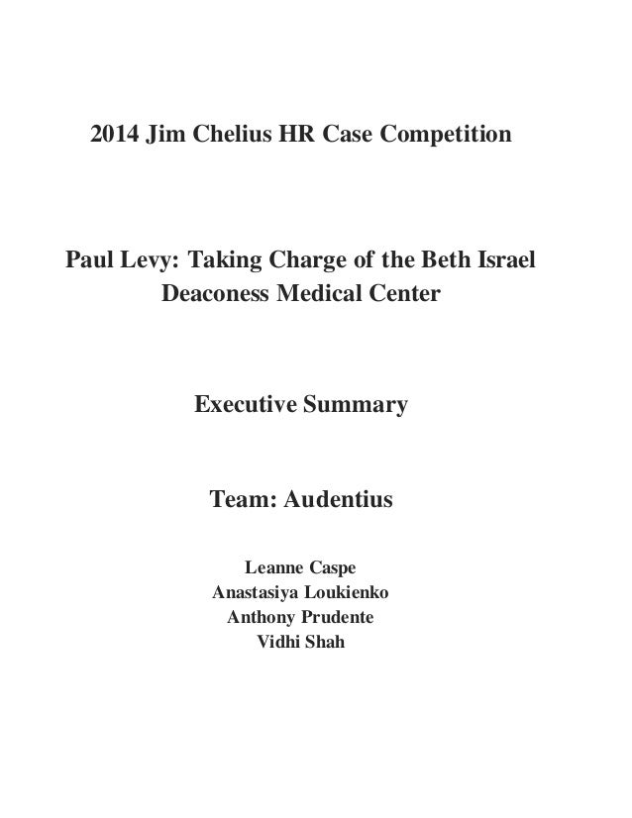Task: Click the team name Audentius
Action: coord(339,501)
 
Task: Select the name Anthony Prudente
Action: coord(301,620)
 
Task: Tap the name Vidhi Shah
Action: coord(301,646)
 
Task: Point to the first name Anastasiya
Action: coord(252,594)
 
